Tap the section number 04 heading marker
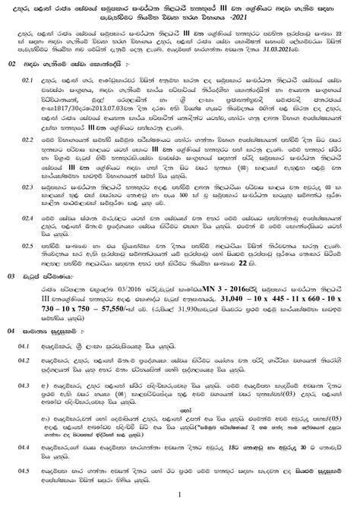coord(11,354)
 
